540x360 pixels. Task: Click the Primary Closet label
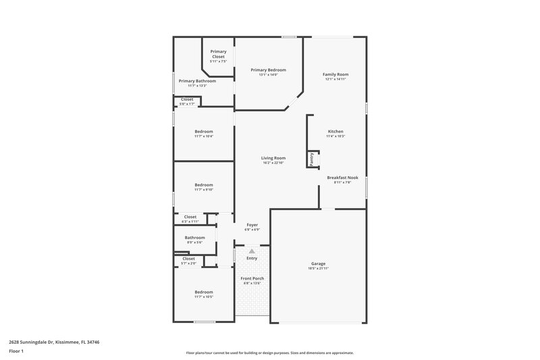[218, 52]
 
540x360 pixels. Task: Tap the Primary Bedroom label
[268, 70]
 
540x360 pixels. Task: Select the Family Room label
[335, 74]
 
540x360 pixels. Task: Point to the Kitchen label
[335, 131]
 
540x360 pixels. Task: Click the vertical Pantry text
[311, 159]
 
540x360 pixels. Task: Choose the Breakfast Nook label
[342, 178]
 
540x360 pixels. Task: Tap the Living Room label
[273, 158]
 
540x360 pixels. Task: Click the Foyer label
[251, 225]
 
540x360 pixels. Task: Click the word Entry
[252, 258]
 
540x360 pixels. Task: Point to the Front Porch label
[252, 278]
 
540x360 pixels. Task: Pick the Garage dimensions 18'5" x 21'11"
[319, 268]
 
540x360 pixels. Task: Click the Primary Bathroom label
[197, 81]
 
